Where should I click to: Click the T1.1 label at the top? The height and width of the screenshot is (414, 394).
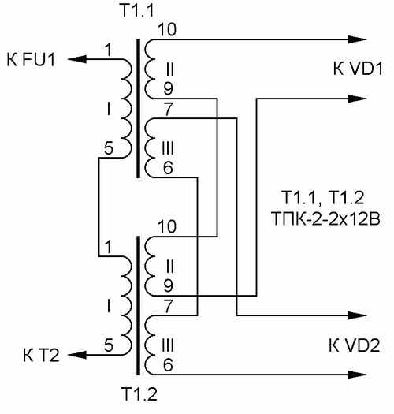click(137, 10)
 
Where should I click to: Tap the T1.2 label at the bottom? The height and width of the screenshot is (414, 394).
click(139, 394)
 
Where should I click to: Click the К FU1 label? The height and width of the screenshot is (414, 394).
click(32, 59)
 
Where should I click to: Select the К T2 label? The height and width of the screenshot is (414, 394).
click(41, 355)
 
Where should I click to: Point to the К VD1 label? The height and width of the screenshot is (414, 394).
click(358, 69)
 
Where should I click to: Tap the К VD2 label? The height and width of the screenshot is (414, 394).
click(355, 345)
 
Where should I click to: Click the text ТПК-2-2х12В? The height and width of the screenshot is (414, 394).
click(325, 218)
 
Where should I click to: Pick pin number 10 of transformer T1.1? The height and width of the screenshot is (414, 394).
click(167, 29)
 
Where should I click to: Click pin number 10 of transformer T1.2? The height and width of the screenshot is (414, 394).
click(167, 226)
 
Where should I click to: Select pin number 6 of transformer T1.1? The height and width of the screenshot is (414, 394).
click(168, 167)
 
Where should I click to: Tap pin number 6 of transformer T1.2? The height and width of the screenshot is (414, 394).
click(168, 364)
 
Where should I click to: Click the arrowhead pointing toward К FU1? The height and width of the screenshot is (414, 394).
click(77, 59)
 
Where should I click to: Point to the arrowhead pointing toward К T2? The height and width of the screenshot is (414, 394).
click(77, 355)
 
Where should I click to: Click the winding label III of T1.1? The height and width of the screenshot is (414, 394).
click(168, 148)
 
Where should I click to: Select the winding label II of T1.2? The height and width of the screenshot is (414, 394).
click(170, 267)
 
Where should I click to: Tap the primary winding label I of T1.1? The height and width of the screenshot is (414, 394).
click(109, 109)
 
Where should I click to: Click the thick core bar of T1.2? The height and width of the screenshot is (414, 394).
click(138, 305)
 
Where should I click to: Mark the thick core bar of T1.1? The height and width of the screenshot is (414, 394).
click(138, 108)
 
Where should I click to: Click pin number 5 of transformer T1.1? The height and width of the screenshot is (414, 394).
click(109, 148)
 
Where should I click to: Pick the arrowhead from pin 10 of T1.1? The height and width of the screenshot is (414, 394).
click(357, 39)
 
